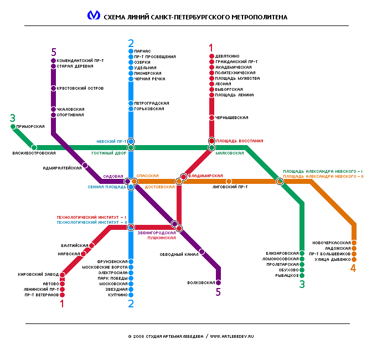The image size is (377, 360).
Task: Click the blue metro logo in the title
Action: click(x=94, y=16)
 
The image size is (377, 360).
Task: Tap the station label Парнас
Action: click(x=142, y=51)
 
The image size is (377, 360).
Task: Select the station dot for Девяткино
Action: click(x=211, y=56)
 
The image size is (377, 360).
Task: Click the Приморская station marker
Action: click(x=13, y=127)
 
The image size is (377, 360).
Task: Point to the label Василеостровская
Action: click(x=34, y=153)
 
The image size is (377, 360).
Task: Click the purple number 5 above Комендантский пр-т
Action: click(x=54, y=52)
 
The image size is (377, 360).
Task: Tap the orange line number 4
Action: click(x=353, y=269)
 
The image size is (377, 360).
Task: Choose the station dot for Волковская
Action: click(x=218, y=282)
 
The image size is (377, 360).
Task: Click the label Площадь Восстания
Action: click(x=239, y=141)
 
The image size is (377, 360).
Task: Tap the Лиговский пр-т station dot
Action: click(x=229, y=181)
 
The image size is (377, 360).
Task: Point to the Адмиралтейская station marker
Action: click(x=85, y=165)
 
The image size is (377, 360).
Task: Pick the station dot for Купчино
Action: click(x=131, y=295)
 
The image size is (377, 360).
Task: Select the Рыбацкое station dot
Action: click(x=302, y=275)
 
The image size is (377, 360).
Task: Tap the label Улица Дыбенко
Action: click(x=329, y=259)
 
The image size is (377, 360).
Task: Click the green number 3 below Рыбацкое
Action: click(x=302, y=285)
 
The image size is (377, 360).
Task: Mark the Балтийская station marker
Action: click(x=92, y=245)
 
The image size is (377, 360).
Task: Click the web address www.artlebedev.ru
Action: click(x=234, y=336)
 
